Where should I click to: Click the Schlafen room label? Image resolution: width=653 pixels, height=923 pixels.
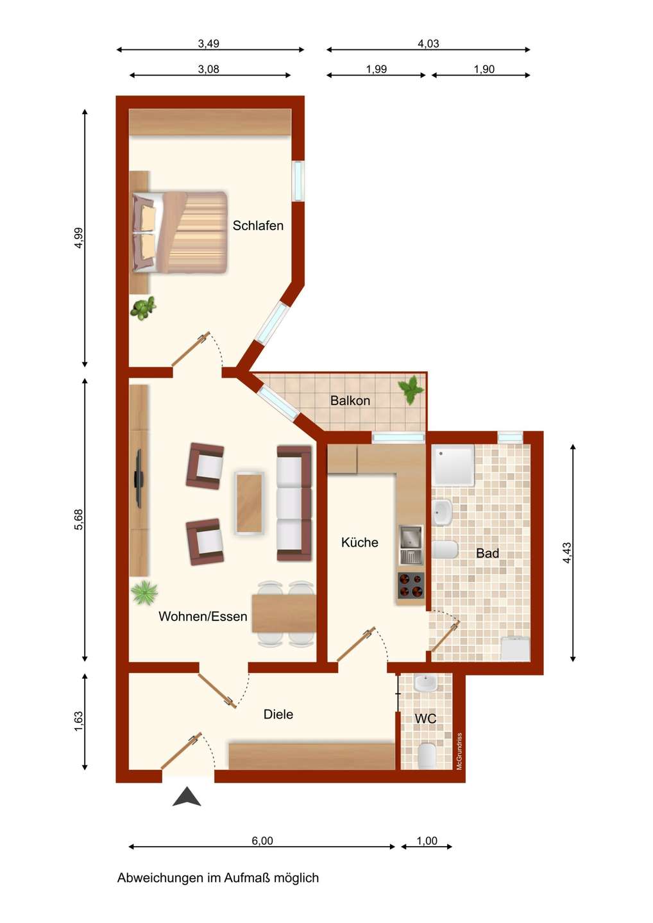[x=258, y=226]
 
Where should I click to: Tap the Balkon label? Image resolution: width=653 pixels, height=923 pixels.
[x=350, y=401]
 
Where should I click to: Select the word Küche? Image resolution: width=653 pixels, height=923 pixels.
[x=359, y=542]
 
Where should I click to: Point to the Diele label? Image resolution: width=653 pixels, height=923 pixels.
[x=278, y=714]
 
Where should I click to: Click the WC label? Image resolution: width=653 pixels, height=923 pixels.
[x=425, y=719]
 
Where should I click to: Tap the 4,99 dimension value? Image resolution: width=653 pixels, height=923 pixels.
[x=79, y=238]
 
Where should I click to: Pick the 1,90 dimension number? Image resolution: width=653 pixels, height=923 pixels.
[x=484, y=69]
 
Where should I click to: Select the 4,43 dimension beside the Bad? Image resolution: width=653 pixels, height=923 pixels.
[x=567, y=553]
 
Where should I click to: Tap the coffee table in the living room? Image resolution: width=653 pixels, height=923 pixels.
[x=250, y=503]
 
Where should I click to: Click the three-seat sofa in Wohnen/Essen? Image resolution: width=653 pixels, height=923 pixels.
[x=294, y=503]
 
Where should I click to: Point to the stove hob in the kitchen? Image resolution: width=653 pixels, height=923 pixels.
[x=411, y=585]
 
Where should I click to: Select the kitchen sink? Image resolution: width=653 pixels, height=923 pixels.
[x=411, y=545]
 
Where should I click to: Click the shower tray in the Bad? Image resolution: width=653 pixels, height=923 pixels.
[x=453, y=465]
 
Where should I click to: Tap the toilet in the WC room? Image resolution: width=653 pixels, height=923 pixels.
[x=427, y=756]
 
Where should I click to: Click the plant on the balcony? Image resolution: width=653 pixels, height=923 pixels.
[x=410, y=390]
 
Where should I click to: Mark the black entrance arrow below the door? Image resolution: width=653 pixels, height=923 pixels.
[x=187, y=796]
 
